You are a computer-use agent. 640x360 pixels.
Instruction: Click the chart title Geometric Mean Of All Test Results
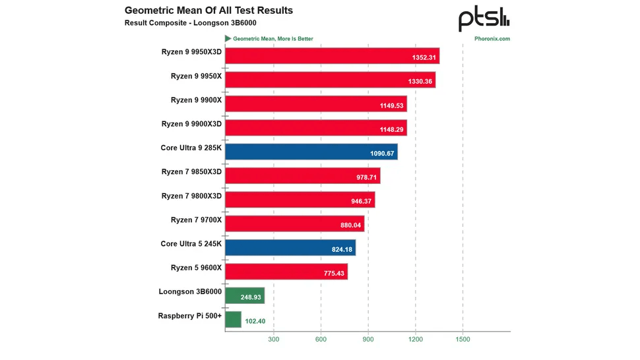[x=208, y=11]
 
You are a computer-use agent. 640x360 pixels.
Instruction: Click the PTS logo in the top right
[x=484, y=19]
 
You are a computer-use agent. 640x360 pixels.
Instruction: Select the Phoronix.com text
[x=492, y=39]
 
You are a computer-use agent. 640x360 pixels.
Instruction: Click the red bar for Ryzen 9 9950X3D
[x=332, y=56]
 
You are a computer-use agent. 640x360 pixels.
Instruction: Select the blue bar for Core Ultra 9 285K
[x=311, y=152]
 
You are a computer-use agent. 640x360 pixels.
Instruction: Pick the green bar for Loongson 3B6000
[x=244, y=295]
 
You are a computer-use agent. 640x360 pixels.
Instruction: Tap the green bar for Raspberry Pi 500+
[x=233, y=320]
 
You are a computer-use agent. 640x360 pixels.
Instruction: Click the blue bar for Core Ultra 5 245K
[x=290, y=248]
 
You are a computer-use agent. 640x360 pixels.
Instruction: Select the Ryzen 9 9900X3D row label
[x=191, y=124]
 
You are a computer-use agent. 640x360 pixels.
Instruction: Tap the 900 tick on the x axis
[x=368, y=340]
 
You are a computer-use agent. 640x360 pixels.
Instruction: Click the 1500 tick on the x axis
[x=463, y=340]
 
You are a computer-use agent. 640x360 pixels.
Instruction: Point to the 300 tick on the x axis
[x=273, y=340]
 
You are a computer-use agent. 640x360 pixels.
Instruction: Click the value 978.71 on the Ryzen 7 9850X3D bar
[x=364, y=177]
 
